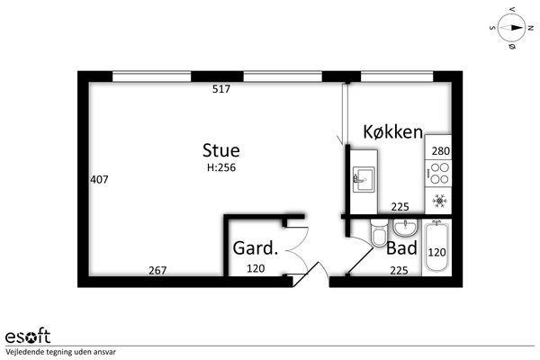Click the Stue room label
coord(220,150)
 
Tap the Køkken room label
coord(393,132)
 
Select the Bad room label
coord(401,247)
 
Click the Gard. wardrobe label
coord(256,248)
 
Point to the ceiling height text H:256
coord(221,167)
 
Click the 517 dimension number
coord(221,89)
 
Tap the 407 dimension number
coord(99,179)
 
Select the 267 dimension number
coord(157,270)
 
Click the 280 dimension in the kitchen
coord(441,151)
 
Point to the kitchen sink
coord(364,179)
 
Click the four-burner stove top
coord(438,174)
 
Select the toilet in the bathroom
coord(379,233)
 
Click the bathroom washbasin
coord(406,228)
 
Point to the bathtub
coord(436,247)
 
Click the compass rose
coord(511,28)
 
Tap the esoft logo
coord(28,336)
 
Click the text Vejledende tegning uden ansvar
coord(60,352)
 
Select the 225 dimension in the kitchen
coord(400,207)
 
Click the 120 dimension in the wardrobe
coord(256,268)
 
